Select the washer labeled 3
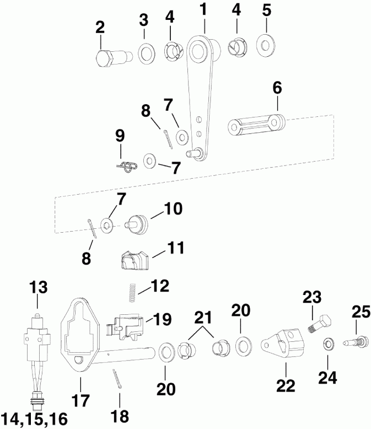[146, 55]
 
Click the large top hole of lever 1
[197, 51]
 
